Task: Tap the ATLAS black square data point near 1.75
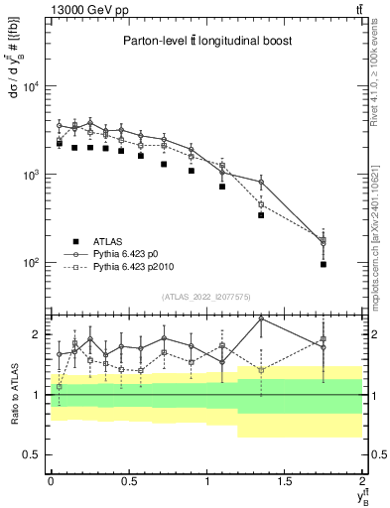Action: pos(324,265)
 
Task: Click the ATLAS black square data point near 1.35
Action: pos(261,214)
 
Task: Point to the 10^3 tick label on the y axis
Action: pos(31,176)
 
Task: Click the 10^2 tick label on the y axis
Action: pos(31,264)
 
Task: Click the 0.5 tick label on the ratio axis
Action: pos(34,454)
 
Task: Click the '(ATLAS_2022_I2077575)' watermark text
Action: pos(206,296)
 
